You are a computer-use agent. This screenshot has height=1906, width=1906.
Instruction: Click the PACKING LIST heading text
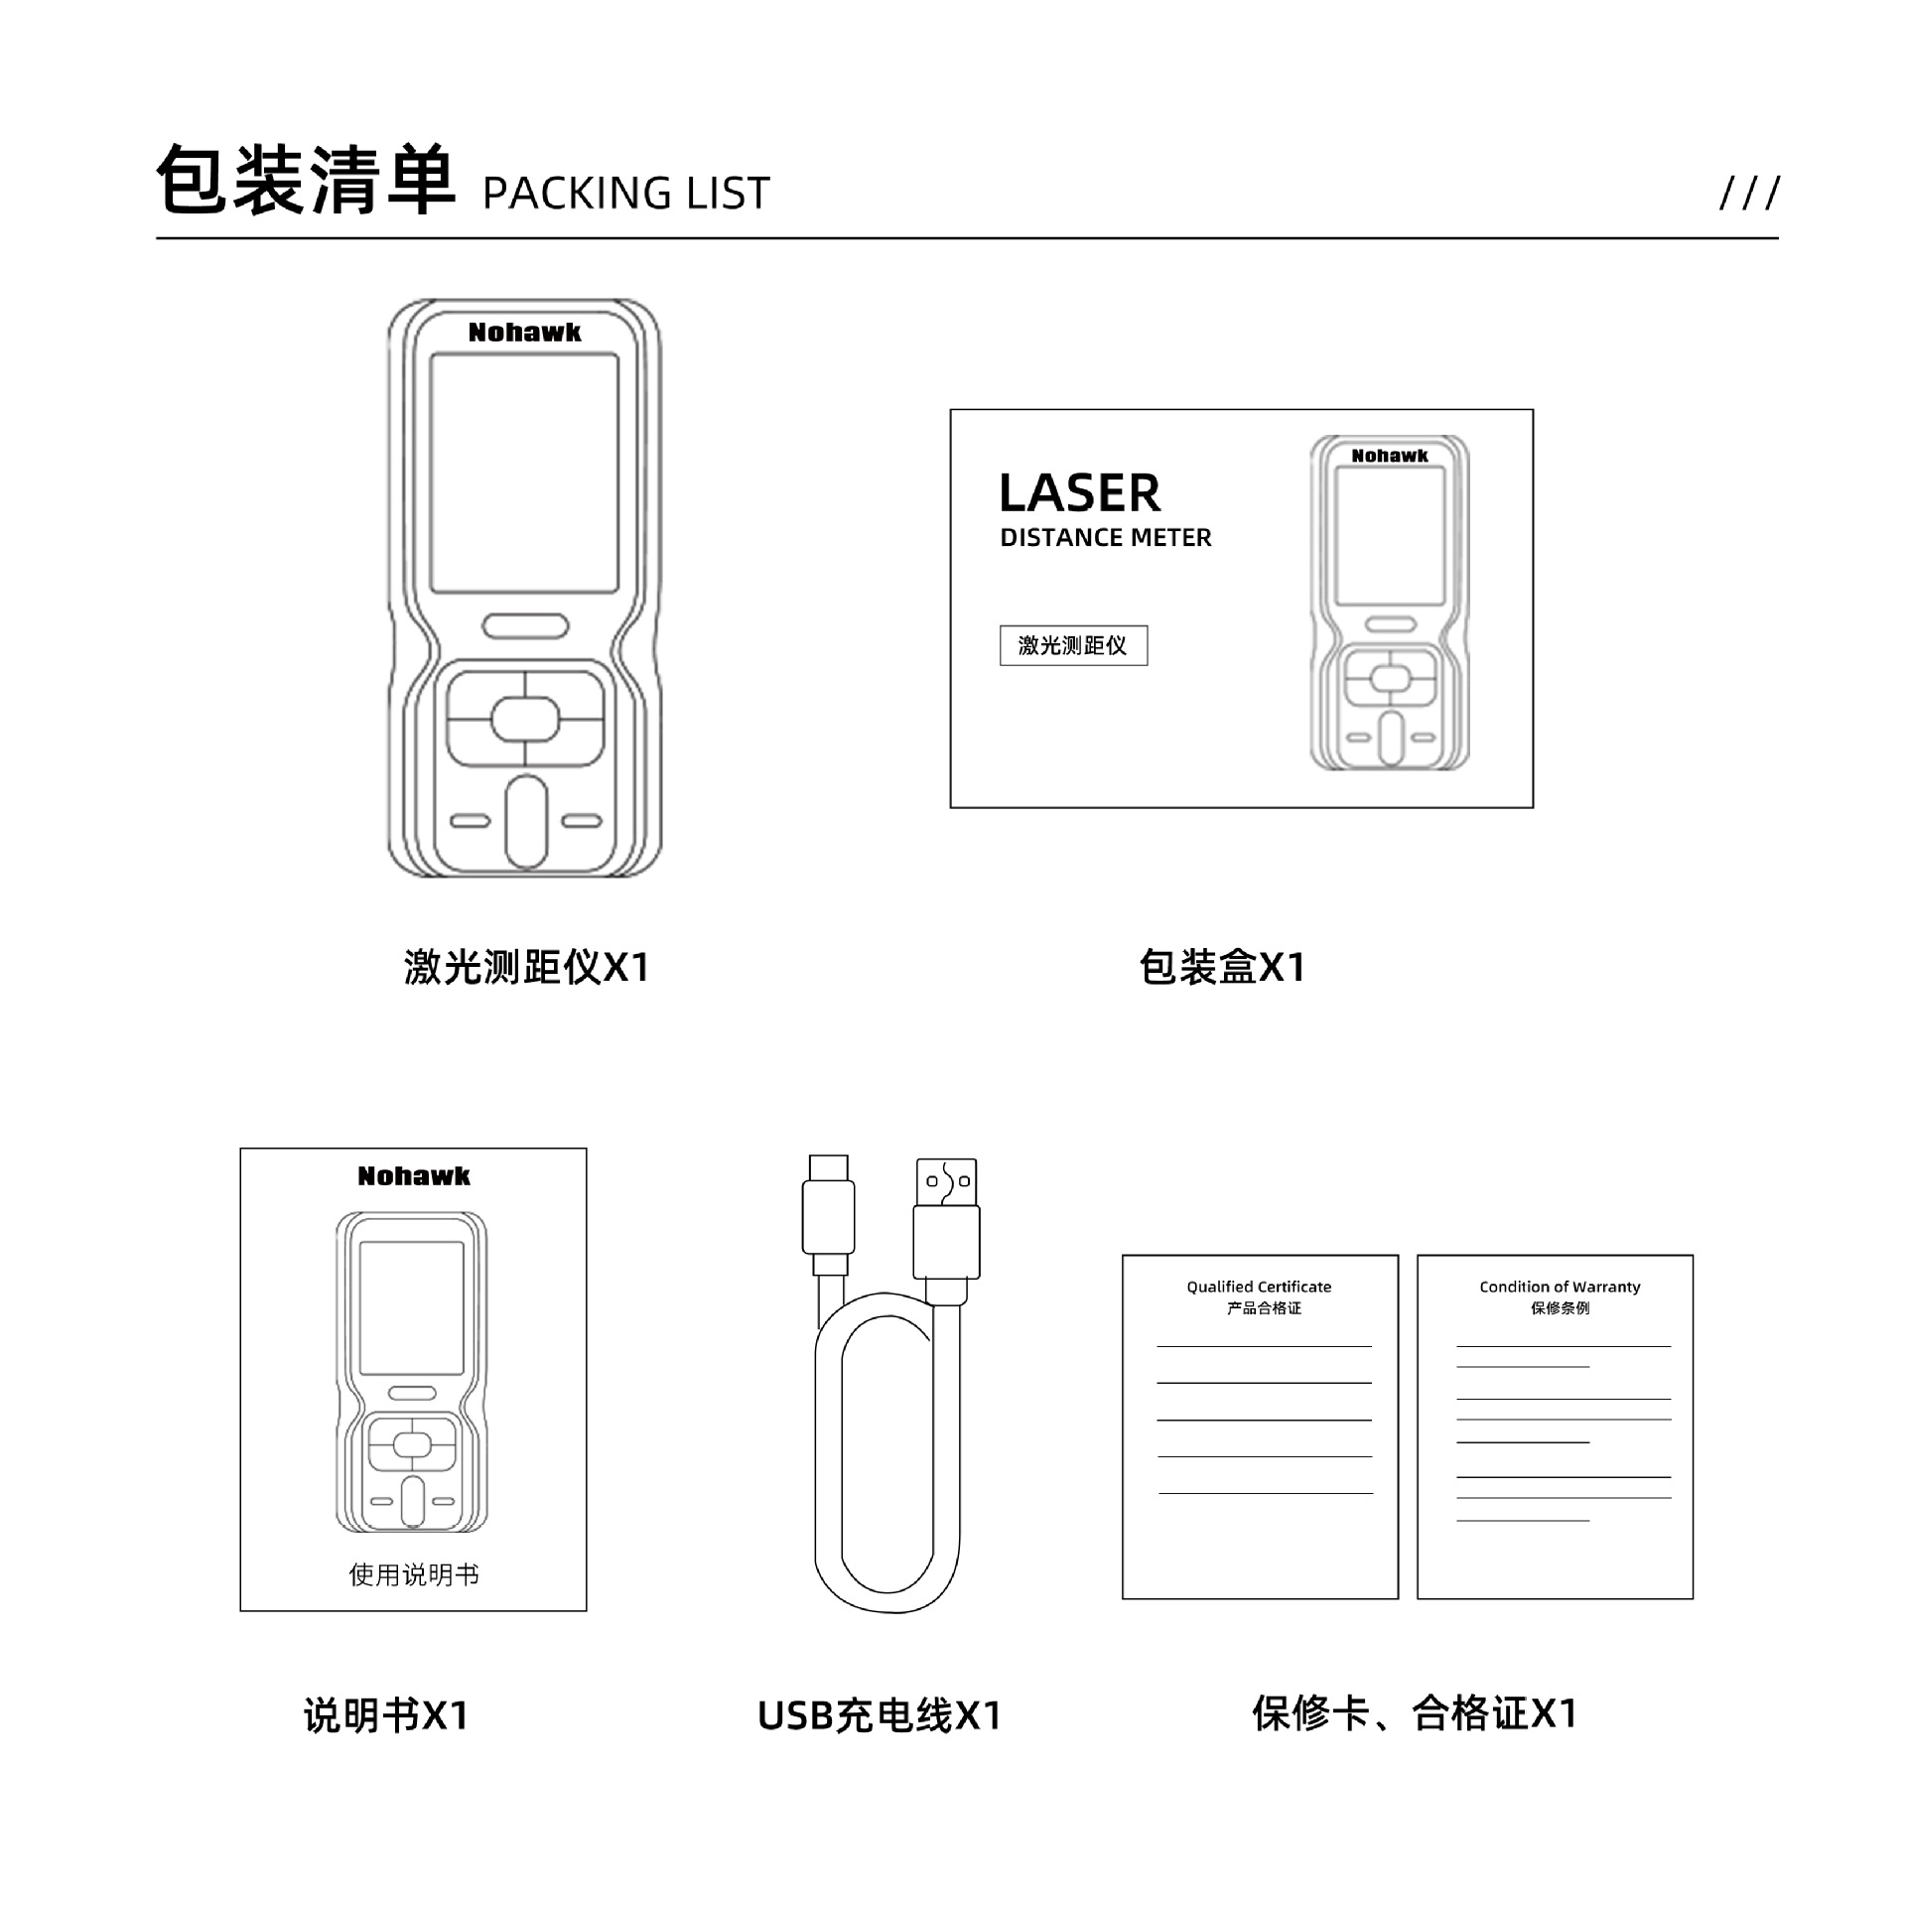click(x=625, y=193)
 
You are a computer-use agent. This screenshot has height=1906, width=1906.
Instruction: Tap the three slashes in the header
click(x=1749, y=193)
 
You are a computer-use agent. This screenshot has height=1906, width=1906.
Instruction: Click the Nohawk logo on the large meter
click(x=524, y=333)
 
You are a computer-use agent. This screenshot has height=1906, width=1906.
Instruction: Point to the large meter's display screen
click(x=524, y=474)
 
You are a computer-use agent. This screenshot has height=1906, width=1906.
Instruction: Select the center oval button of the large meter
click(x=525, y=719)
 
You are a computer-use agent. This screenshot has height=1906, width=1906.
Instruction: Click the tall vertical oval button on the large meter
click(x=526, y=822)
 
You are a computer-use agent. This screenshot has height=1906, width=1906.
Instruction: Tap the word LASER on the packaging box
click(x=1079, y=493)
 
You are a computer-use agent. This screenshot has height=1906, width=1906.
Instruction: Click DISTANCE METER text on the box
click(x=1105, y=538)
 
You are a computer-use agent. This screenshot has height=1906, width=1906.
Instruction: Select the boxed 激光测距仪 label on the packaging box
click(x=1073, y=645)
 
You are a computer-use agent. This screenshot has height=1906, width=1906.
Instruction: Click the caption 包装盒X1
click(x=1221, y=967)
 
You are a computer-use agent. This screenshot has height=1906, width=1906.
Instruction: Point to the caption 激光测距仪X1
click(x=526, y=967)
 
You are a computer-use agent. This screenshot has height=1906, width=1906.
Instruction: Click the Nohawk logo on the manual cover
click(x=413, y=1176)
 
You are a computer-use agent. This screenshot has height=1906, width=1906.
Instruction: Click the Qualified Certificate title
click(x=1259, y=1287)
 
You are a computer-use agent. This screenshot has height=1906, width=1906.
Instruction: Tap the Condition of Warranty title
click(x=1559, y=1287)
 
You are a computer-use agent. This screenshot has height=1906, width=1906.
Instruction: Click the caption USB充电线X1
click(x=880, y=1715)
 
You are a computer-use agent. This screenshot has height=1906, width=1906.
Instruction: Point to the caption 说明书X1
click(x=386, y=1715)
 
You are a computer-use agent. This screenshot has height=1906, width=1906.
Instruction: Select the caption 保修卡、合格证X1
click(x=1415, y=1713)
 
